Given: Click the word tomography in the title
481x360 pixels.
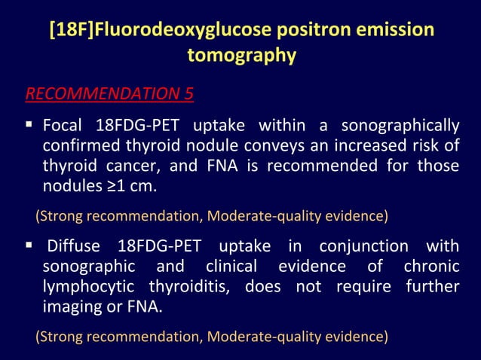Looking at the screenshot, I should [241, 56].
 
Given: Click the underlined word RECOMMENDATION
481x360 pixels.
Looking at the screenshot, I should [102, 94].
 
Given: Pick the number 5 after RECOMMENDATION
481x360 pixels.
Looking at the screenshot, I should [188, 94].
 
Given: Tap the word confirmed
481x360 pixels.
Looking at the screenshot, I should [79, 145].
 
